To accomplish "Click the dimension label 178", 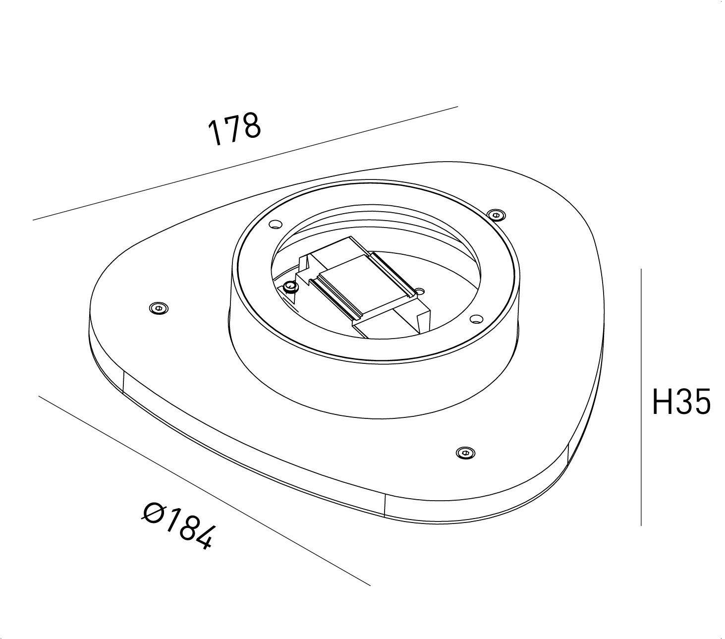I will (x=234, y=130).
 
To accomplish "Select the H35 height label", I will (x=681, y=402).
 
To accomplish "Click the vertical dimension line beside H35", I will (x=641, y=397).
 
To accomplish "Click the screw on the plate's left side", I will (x=159, y=308).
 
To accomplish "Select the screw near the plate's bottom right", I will (x=464, y=452).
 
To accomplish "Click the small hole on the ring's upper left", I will (x=274, y=225).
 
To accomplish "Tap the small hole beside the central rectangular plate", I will (x=420, y=290).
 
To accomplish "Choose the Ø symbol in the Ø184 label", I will (x=154, y=512).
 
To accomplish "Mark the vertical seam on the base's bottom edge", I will (x=385, y=505).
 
